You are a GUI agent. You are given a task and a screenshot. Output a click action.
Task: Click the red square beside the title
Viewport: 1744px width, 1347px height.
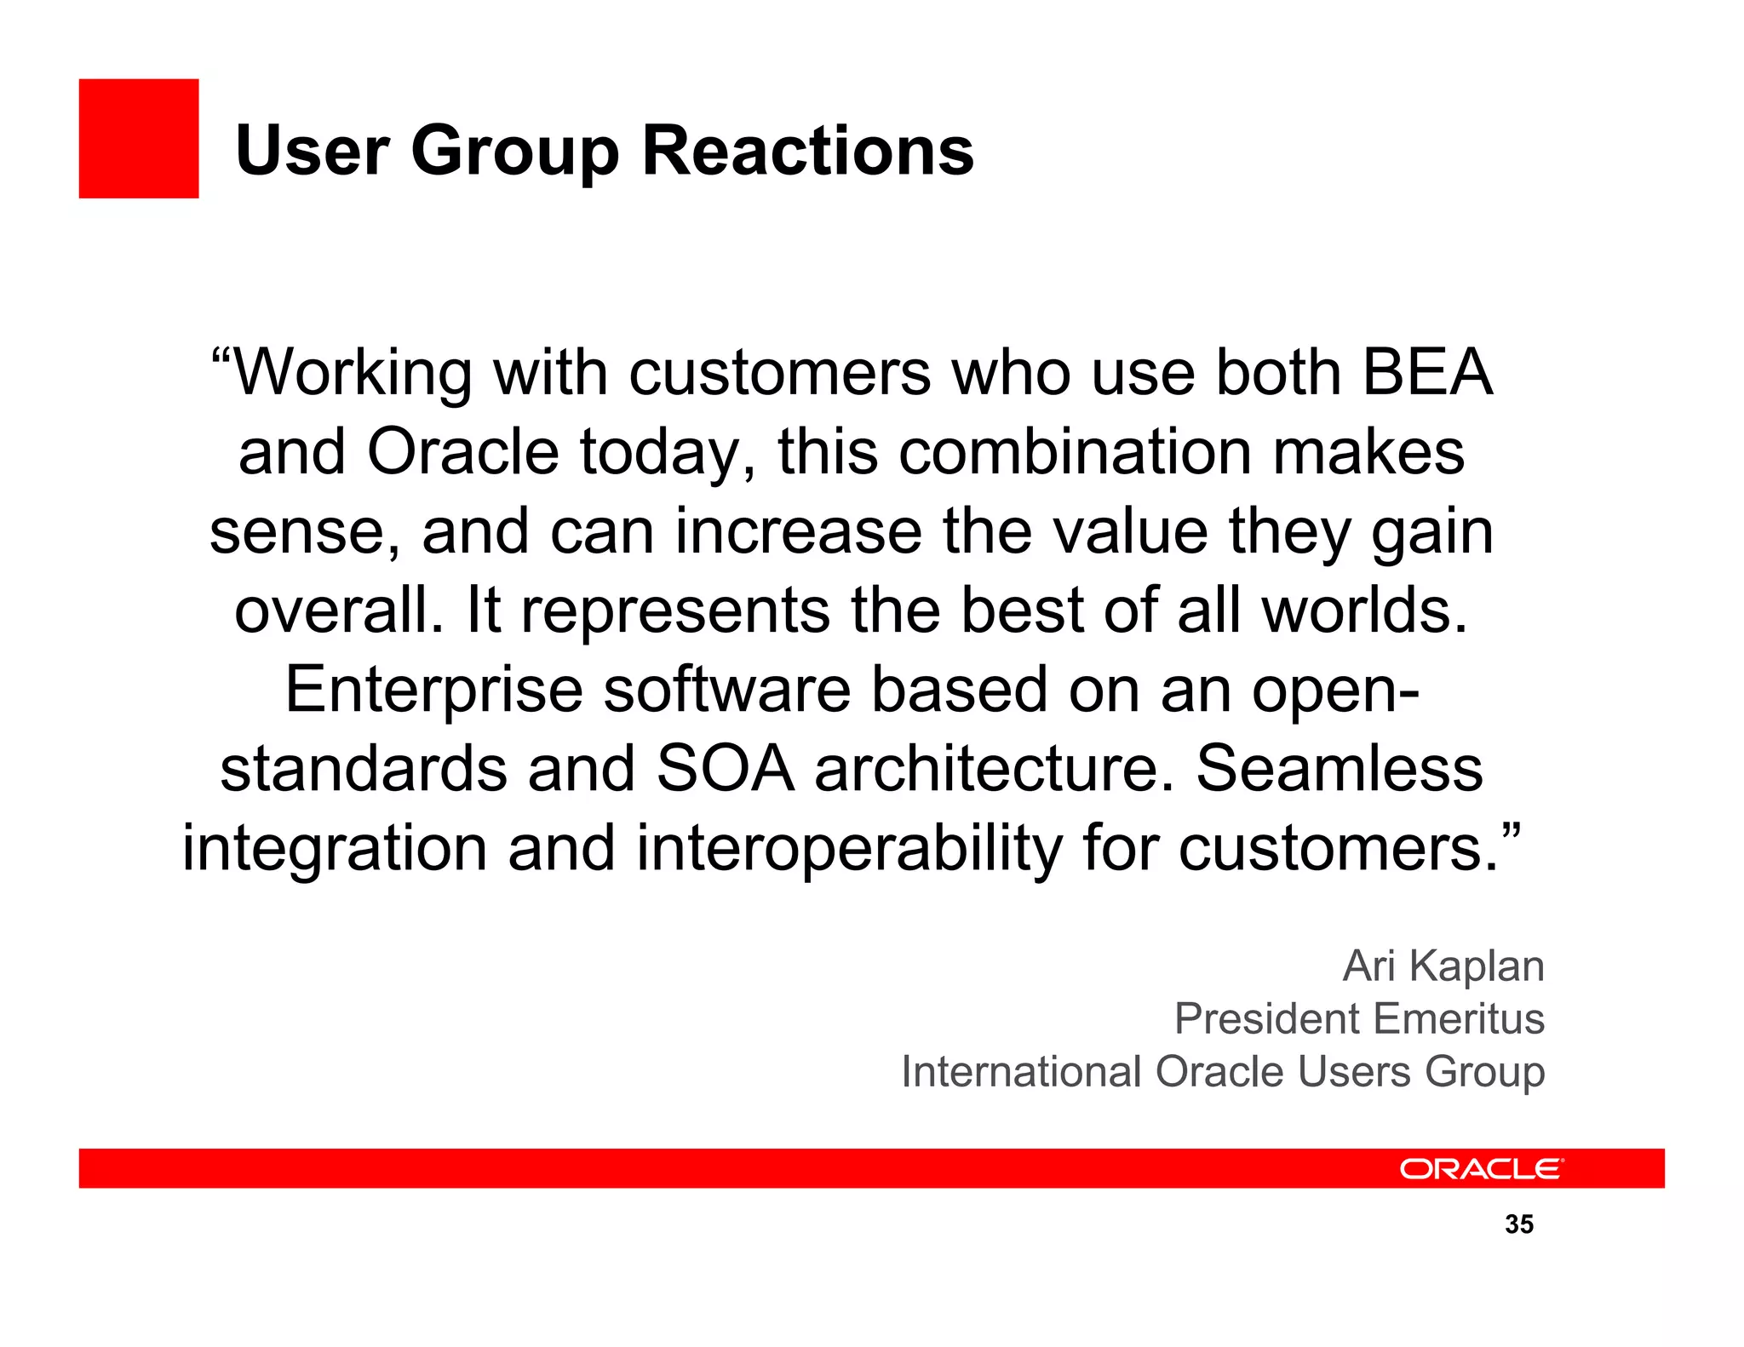[139, 139]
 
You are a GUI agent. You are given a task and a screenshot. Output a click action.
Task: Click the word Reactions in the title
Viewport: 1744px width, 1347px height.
[807, 151]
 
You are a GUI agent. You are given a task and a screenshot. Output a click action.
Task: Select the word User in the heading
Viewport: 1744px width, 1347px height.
[312, 151]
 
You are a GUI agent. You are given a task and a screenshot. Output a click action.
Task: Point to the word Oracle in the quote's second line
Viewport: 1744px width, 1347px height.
[462, 451]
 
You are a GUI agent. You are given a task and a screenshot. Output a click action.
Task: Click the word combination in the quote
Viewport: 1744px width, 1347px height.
[1076, 451]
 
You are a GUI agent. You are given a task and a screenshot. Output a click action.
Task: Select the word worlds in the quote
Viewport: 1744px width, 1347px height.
[1364, 610]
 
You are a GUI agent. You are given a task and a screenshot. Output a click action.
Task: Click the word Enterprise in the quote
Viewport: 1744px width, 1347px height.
[433, 690]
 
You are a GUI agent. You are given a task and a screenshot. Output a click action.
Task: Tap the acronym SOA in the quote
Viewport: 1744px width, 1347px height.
[726, 768]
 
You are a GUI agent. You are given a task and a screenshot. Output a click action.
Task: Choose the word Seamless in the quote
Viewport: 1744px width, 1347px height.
[1340, 768]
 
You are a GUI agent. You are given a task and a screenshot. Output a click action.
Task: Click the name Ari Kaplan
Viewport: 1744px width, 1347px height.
[1443, 966]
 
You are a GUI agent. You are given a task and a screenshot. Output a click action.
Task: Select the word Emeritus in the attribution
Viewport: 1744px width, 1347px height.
[1458, 1019]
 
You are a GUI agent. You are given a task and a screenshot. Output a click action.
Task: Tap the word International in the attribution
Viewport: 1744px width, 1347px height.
[1021, 1072]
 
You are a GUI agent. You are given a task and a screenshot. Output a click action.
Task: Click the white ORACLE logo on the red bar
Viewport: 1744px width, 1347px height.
[1481, 1169]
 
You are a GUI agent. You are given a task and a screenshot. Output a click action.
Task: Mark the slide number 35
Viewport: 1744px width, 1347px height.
[1518, 1224]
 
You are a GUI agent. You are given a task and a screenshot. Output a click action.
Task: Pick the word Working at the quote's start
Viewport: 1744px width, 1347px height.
[351, 372]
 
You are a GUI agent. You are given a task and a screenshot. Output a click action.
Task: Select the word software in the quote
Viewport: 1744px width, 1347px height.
[726, 690]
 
